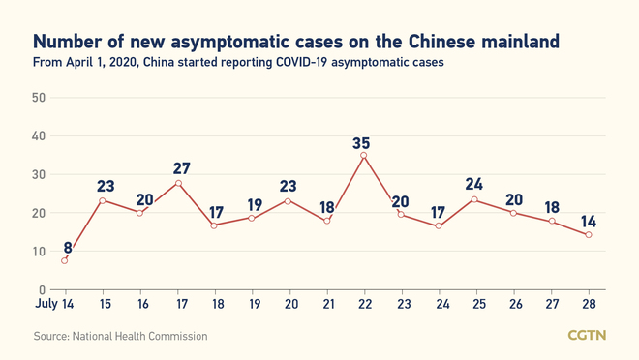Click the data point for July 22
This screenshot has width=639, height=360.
(x=363, y=155)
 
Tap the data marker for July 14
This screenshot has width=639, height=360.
(x=65, y=259)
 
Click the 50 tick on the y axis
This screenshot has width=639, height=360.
(x=39, y=98)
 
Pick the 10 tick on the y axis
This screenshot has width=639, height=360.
(x=39, y=252)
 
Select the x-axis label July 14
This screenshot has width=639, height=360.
(x=54, y=307)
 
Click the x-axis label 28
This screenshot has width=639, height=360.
(x=587, y=307)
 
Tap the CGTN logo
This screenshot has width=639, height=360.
(x=586, y=336)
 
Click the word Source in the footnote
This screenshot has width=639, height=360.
(x=52, y=336)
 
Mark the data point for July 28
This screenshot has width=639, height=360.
(x=587, y=235)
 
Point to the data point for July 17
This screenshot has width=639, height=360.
(x=177, y=183)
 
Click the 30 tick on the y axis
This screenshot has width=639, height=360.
(x=39, y=174)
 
